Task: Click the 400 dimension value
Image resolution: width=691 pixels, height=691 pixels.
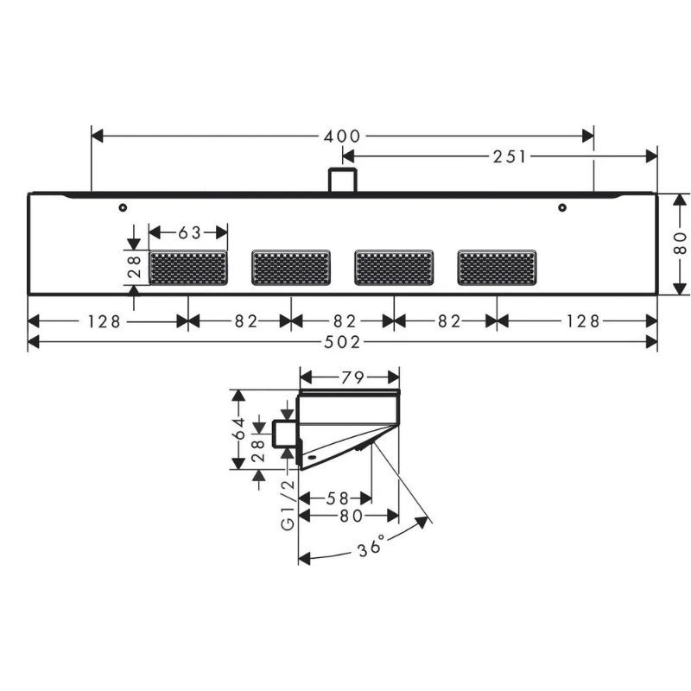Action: [x=342, y=136]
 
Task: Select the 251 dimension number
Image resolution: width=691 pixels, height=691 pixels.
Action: [x=510, y=156]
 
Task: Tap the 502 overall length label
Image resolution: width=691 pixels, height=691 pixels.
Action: [x=342, y=342]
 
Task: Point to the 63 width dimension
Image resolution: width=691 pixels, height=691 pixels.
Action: [x=189, y=232]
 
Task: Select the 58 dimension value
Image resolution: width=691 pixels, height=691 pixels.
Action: [x=337, y=498]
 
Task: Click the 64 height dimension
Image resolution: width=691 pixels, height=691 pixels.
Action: [x=239, y=428]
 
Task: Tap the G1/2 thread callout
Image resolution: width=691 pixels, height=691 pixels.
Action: [x=288, y=505]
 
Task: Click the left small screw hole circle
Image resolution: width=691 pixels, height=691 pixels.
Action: [x=123, y=207]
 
